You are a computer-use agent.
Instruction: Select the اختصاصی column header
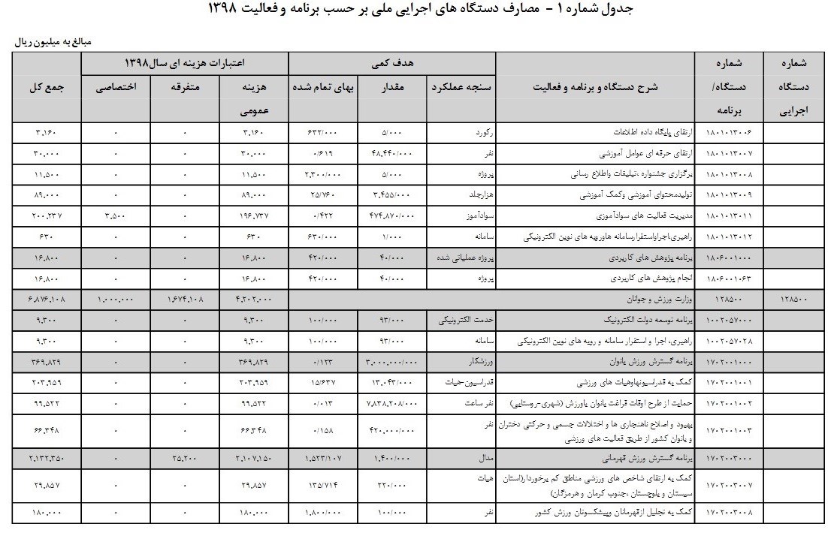coord(116,87)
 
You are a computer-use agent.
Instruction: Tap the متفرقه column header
coord(185,87)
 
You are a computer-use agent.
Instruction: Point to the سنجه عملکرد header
coord(461,87)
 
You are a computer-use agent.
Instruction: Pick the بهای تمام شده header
coord(324,87)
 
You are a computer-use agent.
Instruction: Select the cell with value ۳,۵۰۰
coord(116,215)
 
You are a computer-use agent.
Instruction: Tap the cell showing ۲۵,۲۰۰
coord(185,457)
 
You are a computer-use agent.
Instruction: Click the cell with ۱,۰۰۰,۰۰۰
coord(116,300)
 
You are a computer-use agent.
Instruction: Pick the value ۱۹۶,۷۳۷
coord(253,215)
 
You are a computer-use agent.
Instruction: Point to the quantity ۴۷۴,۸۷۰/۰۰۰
coord(391,215)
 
